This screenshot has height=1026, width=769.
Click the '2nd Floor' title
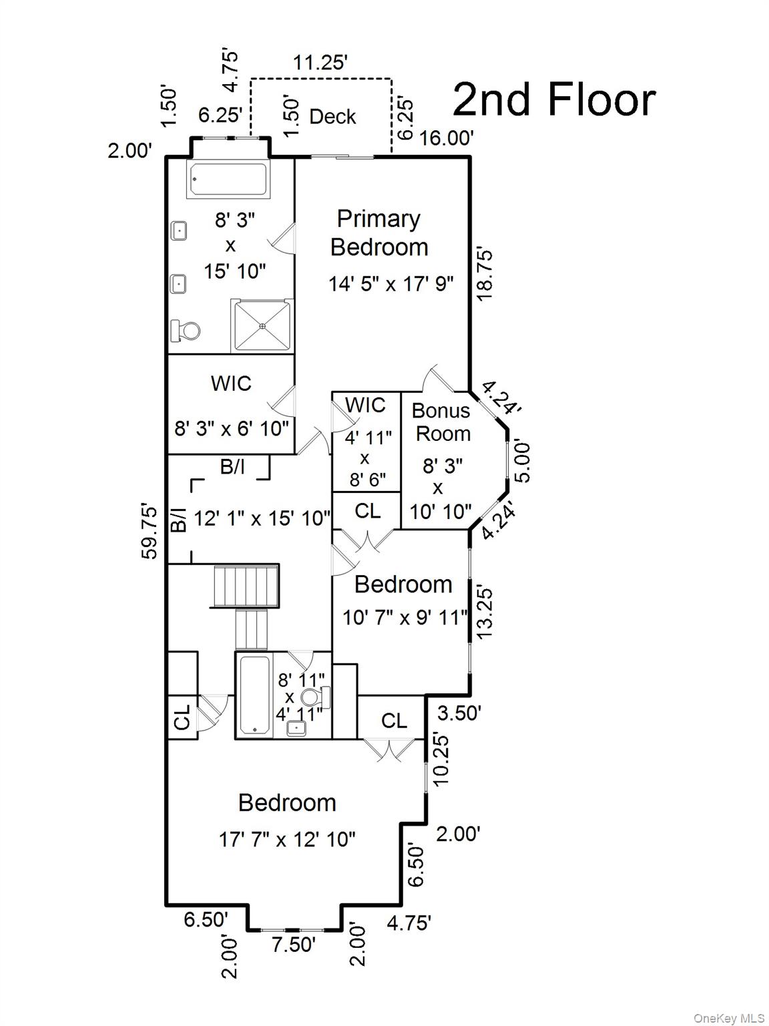[554, 100]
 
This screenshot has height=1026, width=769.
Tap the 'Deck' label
[332, 117]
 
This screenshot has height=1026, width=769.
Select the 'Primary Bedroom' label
[379, 232]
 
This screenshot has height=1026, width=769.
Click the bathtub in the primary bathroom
[228, 179]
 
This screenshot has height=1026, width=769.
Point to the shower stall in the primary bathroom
[262, 325]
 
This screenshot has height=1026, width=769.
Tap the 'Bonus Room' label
[441, 422]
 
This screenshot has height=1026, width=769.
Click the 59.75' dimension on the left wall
[151, 532]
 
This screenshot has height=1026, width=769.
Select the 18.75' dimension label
[485, 274]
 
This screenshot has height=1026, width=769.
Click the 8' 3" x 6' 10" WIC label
[232, 428]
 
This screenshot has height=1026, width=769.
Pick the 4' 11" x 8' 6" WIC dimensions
[364, 458]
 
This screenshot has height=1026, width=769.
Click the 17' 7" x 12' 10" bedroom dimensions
[287, 839]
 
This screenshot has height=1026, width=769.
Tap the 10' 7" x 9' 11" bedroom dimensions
[405, 617]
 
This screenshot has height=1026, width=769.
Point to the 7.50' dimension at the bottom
[293, 945]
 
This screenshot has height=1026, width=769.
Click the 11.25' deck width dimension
[320, 63]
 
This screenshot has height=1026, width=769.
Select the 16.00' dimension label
[446, 138]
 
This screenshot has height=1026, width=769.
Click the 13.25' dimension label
[485, 611]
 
